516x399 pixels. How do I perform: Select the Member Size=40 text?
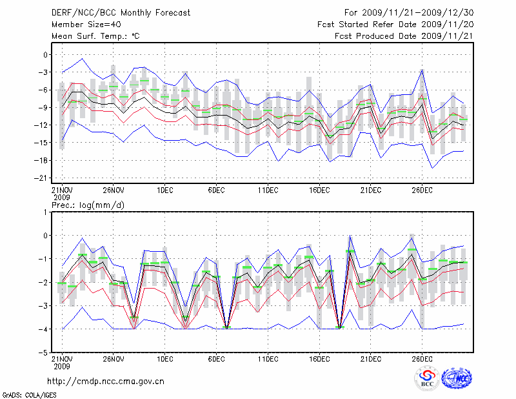pos(83,25)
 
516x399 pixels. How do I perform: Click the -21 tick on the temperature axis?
pos(44,178)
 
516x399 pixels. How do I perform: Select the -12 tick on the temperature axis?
pos(44,125)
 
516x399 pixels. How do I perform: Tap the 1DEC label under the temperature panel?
pos(164,190)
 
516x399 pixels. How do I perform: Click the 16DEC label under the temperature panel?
pos(320,190)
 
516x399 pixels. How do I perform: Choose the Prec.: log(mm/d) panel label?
pos(88,205)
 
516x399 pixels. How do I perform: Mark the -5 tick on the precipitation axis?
pos(45,353)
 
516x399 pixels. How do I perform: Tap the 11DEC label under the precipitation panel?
pos(268,358)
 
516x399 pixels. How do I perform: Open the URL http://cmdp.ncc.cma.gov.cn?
pos(106,381)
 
